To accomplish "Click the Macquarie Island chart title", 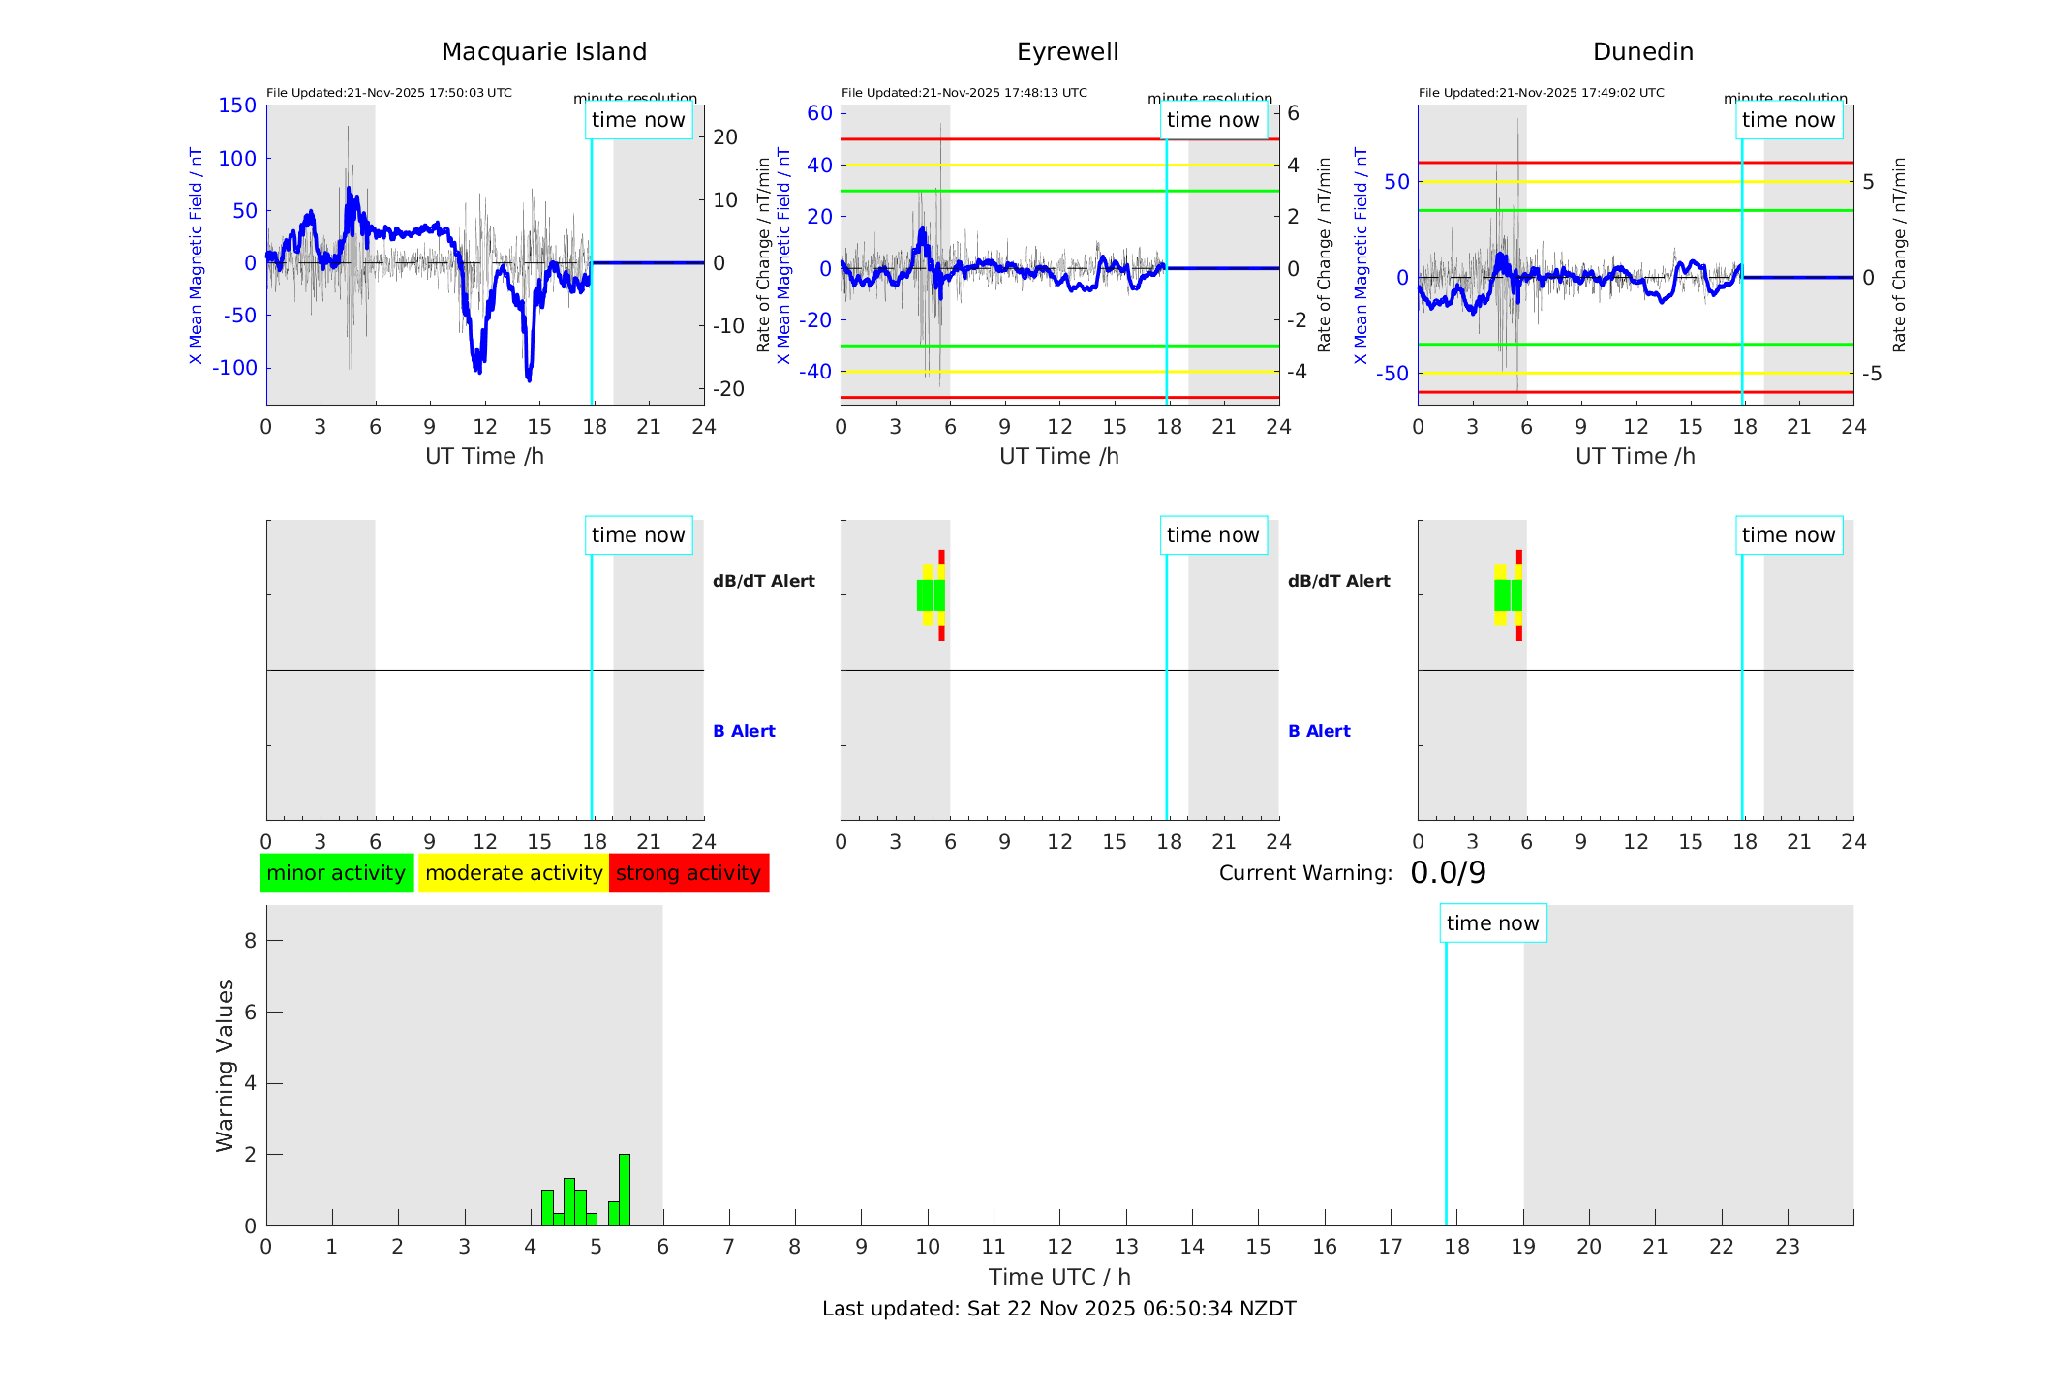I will (x=544, y=52).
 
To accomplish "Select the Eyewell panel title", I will (x=1067, y=52).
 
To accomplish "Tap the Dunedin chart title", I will (x=1642, y=52).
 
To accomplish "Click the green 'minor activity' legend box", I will (x=336, y=873).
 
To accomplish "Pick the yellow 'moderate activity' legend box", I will (x=513, y=873).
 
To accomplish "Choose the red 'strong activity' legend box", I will (x=688, y=873).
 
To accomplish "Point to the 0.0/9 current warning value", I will (x=1448, y=873).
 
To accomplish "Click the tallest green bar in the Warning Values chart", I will (x=625, y=1190).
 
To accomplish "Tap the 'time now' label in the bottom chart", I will (x=1492, y=923).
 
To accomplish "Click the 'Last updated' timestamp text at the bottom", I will (x=1058, y=1309).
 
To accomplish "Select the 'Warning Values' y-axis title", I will (x=225, y=1065).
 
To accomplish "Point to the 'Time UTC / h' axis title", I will (x=1058, y=1277).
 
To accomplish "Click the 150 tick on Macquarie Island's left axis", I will (x=237, y=106).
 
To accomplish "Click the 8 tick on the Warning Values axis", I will (x=250, y=940).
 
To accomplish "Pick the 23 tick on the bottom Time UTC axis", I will (x=1787, y=1247).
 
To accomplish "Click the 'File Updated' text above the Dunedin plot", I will (x=1541, y=93).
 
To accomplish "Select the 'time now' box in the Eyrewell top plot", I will (x=1212, y=120).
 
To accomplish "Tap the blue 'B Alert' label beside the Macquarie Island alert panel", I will (x=744, y=731).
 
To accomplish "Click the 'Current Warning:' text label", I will (x=1304, y=873).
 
